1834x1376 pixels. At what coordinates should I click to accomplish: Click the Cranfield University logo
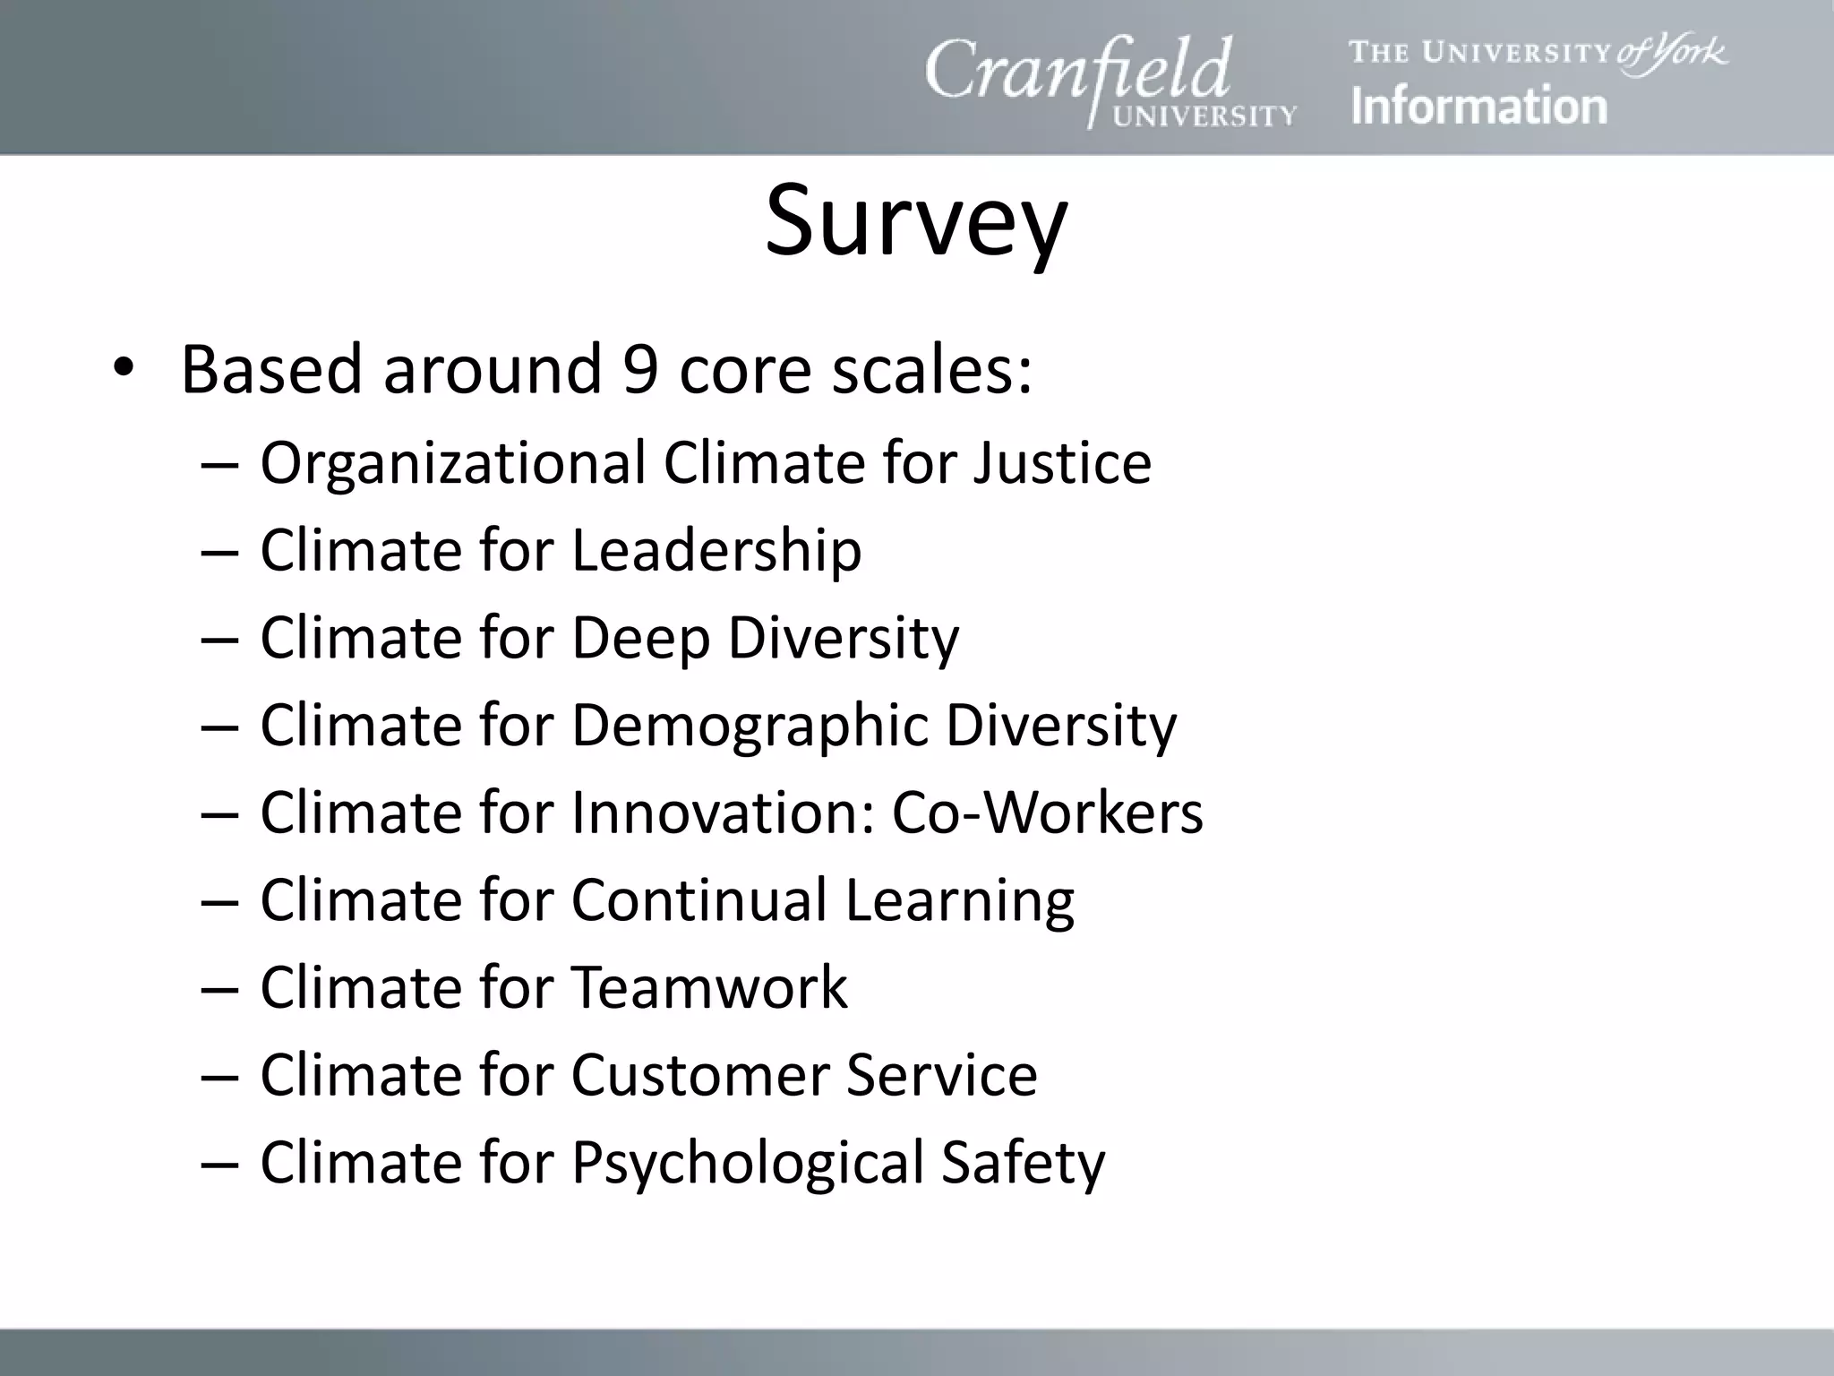pos(1110,82)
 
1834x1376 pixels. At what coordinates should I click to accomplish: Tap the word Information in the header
pos(1478,106)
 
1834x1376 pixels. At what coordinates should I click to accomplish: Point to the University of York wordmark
pos(1538,53)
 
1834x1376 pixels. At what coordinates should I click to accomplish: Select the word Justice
pos(1062,463)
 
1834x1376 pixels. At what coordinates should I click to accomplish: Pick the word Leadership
pos(716,550)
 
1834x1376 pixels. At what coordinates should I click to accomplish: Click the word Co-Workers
pos(1047,813)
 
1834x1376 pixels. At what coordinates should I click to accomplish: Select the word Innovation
pos(721,813)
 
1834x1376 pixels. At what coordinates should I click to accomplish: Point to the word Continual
pos(698,899)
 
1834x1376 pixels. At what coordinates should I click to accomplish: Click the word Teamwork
pos(709,987)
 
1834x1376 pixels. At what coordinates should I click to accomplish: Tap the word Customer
pos(698,1074)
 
